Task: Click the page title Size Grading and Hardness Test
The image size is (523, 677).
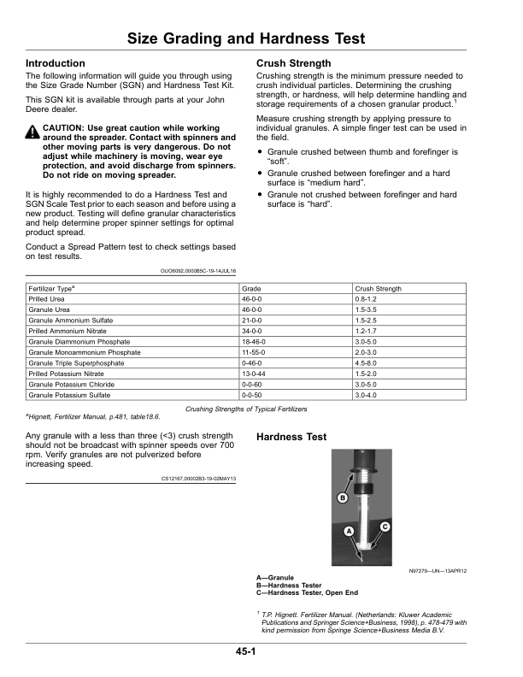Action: click(x=246, y=38)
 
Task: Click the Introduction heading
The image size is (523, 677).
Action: click(x=56, y=64)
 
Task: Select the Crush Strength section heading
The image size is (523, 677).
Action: click(x=294, y=64)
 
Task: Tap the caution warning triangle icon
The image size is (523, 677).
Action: click(x=32, y=132)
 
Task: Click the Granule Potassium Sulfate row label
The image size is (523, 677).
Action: click(x=71, y=395)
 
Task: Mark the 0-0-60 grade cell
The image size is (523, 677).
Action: click(x=252, y=384)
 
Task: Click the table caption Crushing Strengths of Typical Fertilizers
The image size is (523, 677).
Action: click(x=246, y=409)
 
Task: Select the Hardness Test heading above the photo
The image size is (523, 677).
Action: click(x=291, y=437)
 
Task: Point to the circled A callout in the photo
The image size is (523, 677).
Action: click(x=348, y=532)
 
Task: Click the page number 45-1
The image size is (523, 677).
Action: click(x=248, y=652)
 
